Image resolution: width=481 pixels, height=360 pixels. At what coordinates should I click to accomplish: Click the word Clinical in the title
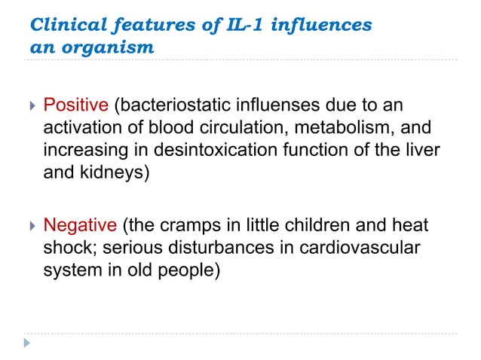(x=62, y=25)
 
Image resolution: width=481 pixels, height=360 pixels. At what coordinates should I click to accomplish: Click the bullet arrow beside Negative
(x=30, y=224)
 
